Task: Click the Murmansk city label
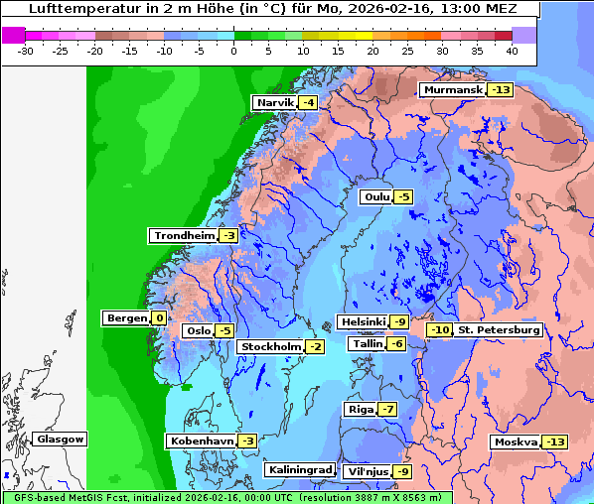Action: (x=452, y=90)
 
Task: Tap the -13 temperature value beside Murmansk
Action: (x=501, y=90)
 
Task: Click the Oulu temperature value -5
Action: (x=402, y=197)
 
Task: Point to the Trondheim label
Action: (x=183, y=236)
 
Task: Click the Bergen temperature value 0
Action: (x=159, y=318)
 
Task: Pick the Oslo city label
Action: (x=197, y=331)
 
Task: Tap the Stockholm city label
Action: (x=269, y=346)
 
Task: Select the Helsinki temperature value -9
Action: (x=398, y=322)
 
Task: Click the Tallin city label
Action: (x=367, y=343)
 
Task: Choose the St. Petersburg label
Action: (x=499, y=329)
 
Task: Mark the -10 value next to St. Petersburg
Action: (x=438, y=329)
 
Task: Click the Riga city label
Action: (x=359, y=410)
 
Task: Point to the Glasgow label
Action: (x=60, y=440)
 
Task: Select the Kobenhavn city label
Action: (x=201, y=441)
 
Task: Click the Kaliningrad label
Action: (x=298, y=469)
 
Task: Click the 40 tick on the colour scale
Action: (x=512, y=51)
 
